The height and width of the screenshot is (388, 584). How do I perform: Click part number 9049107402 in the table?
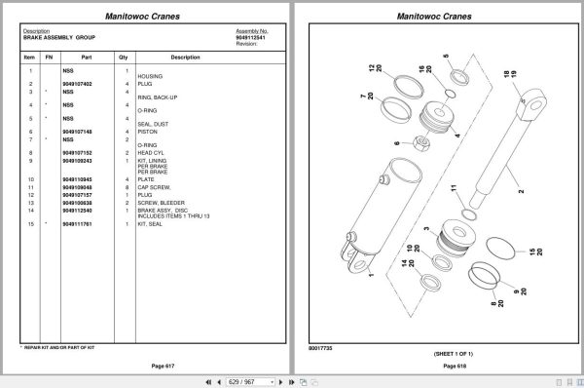[77, 85]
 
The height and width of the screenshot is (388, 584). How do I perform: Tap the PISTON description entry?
[147, 132]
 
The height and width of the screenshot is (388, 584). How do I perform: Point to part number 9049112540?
[77, 211]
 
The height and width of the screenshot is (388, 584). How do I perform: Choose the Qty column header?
[124, 57]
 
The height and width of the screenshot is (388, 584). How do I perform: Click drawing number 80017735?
[320, 346]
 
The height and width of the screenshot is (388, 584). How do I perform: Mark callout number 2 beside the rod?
[520, 191]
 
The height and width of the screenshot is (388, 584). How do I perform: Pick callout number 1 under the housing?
[371, 275]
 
